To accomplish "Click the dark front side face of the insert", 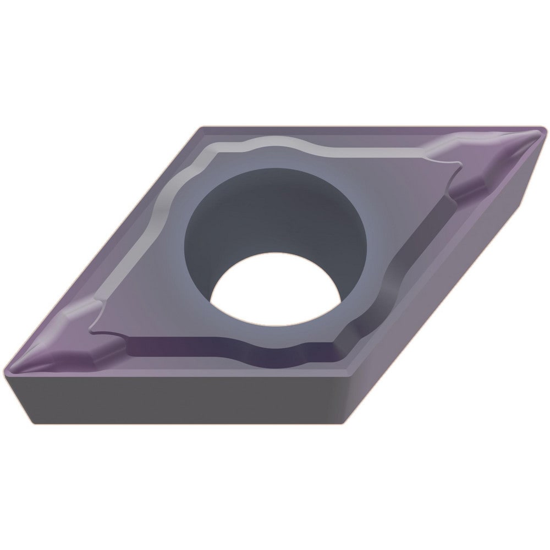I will click(x=182, y=399).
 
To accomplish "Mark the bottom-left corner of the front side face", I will click(x=33, y=421).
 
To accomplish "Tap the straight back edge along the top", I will click(x=369, y=128).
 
